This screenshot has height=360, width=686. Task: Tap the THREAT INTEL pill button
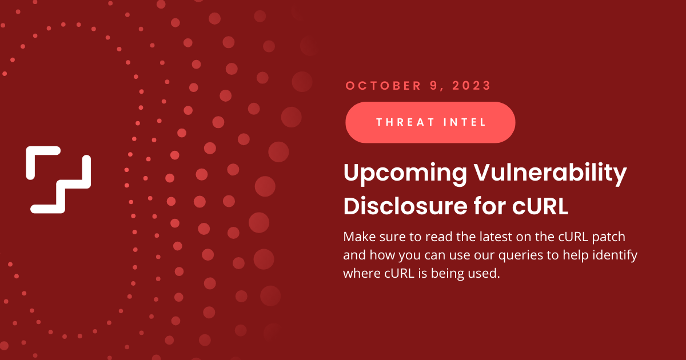pyautogui.click(x=430, y=122)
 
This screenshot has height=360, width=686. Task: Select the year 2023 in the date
pyautogui.click(x=472, y=86)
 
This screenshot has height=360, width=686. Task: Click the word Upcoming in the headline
pyautogui.click(x=405, y=173)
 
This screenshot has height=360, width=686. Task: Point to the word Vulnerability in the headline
pyautogui.click(x=551, y=173)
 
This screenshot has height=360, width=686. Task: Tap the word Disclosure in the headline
pyautogui.click(x=405, y=206)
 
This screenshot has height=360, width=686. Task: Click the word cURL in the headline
pyautogui.click(x=540, y=206)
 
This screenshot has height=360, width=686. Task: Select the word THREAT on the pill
pyautogui.click(x=405, y=122)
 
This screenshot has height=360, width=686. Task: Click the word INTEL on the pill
pyautogui.click(x=465, y=122)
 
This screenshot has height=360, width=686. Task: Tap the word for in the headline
pyautogui.click(x=490, y=206)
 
